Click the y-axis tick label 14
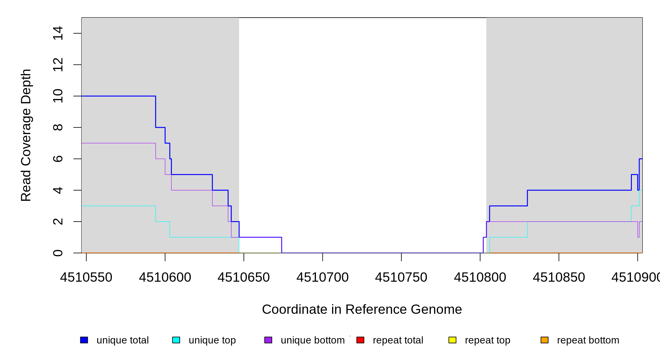[58, 33]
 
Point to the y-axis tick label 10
[58, 96]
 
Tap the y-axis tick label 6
[58, 159]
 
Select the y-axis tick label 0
[58, 253]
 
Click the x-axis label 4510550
[86, 277]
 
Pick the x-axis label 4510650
[244, 277]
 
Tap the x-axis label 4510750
[401, 277]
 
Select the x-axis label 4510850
[559, 277]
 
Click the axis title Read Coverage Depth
[26, 135]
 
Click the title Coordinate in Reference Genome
[362, 309]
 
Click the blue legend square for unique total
[84, 340]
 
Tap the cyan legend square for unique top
[176, 340]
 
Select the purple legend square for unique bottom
[268, 340]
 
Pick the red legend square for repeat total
[360, 340]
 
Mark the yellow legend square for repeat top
[452, 340]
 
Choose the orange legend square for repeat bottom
[544, 340]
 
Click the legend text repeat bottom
[588, 340]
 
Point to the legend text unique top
[212, 340]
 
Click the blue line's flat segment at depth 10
[118, 96]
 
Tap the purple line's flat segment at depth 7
[118, 143]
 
